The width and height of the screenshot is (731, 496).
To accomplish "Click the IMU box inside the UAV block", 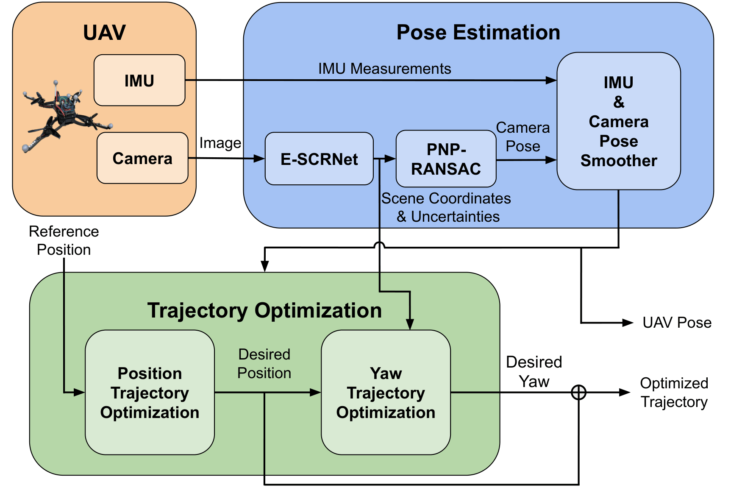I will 139,80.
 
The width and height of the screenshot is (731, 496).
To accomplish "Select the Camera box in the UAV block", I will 142,158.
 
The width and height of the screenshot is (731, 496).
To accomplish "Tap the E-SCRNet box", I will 319,159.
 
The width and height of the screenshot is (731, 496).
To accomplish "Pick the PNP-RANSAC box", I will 446,159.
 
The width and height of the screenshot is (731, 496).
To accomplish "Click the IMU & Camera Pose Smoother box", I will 618,121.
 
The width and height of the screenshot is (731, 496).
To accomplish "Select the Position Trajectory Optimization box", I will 150,393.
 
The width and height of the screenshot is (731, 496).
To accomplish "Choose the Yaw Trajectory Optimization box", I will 386,393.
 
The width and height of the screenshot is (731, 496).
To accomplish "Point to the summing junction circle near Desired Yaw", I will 578,392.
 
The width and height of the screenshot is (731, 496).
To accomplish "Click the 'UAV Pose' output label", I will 677,323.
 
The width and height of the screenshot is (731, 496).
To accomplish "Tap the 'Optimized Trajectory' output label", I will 674,392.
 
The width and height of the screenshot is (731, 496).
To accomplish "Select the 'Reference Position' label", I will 64,240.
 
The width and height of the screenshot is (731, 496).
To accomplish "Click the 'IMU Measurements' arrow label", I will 384,69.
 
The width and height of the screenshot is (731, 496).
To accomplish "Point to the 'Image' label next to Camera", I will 220,143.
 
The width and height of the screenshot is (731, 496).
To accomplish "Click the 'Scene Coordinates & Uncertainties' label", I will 446,207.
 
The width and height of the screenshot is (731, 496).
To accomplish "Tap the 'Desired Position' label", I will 264,363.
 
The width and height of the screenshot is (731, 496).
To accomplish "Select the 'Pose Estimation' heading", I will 478,33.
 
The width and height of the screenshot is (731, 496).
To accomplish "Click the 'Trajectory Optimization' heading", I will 264,310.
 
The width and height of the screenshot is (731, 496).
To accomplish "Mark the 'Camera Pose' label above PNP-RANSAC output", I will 523,137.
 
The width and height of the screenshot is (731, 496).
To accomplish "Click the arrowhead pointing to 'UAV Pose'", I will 628,323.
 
